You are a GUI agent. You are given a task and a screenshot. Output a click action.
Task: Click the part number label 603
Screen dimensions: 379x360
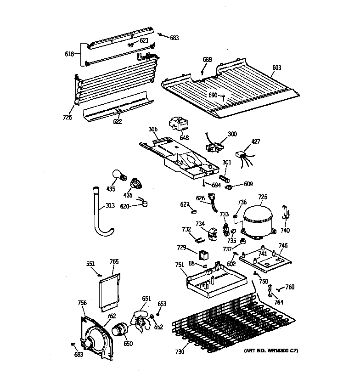tap(276, 68)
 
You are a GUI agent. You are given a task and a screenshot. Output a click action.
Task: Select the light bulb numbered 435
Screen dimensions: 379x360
tap(118, 175)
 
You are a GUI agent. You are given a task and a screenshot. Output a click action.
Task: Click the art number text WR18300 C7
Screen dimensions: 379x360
tap(271, 351)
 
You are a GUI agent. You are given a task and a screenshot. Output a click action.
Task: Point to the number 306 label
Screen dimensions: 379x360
tap(153, 130)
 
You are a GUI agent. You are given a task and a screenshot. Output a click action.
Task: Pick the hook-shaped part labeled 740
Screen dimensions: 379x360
tap(285, 212)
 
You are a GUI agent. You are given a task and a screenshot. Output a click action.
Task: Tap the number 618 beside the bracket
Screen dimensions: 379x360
tap(69, 54)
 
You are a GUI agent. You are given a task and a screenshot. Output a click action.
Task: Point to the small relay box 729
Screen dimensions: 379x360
tap(203, 254)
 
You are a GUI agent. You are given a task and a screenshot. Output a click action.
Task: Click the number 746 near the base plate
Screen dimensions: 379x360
tap(283, 246)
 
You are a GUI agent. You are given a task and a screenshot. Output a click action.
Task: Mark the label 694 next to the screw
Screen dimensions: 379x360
tap(216, 185)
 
